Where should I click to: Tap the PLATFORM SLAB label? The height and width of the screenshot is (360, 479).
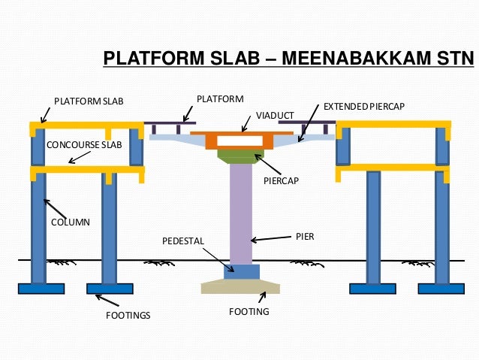89,101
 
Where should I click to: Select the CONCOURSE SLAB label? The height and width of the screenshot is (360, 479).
74,144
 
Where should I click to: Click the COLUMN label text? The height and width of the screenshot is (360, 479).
70,223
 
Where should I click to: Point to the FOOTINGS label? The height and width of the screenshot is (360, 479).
128,316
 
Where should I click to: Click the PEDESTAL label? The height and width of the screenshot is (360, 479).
183,241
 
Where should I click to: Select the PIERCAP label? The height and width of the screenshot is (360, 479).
282,181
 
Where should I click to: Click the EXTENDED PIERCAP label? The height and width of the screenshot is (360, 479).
363,107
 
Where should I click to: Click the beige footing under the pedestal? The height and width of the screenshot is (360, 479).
240,286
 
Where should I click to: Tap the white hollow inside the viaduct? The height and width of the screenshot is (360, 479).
239,141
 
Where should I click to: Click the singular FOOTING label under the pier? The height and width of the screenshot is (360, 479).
249,311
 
